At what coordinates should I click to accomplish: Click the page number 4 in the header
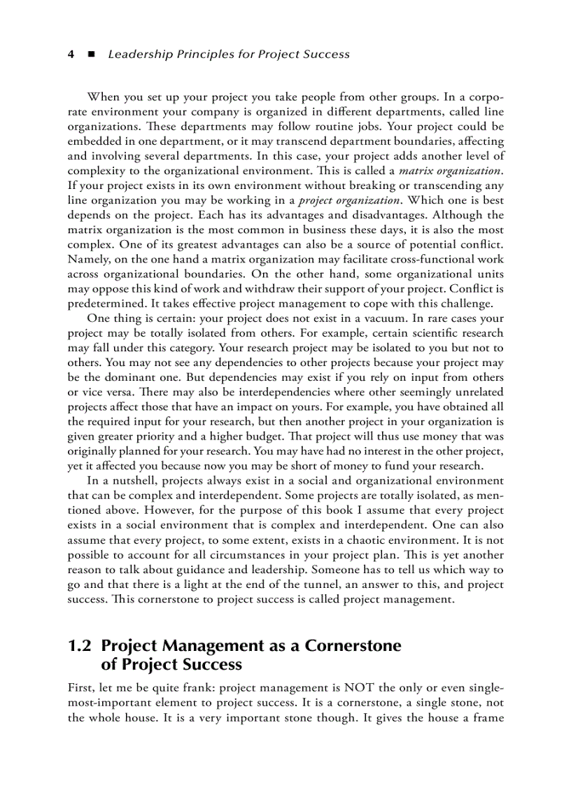pyautogui.click(x=71, y=54)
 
